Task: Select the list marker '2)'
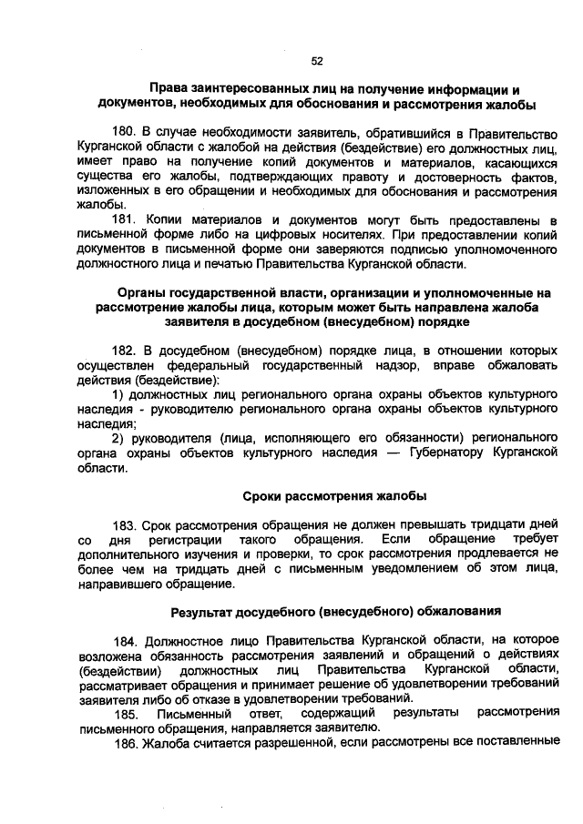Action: (118, 438)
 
